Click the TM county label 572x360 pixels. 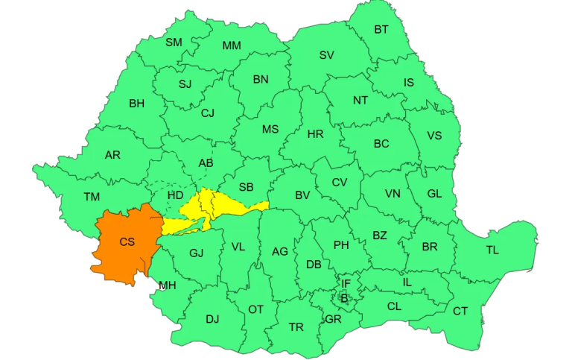[92, 197]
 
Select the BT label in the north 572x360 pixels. [381, 30]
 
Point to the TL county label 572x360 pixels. [492, 250]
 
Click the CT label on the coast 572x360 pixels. [460, 311]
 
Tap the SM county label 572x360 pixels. [174, 42]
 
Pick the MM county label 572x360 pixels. [232, 45]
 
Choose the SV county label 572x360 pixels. [326, 55]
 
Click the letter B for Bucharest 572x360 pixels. [344, 298]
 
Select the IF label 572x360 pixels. [346, 284]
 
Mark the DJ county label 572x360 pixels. [212, 319]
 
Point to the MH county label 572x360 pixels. [168, 285]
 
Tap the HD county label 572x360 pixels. [176, 195]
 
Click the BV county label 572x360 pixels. [302, 195]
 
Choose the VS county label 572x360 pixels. [434, 136]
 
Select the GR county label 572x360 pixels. [332, 319]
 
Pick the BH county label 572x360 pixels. [136, 104]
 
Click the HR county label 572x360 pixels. [315, 134]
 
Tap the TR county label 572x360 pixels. [296, 327]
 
